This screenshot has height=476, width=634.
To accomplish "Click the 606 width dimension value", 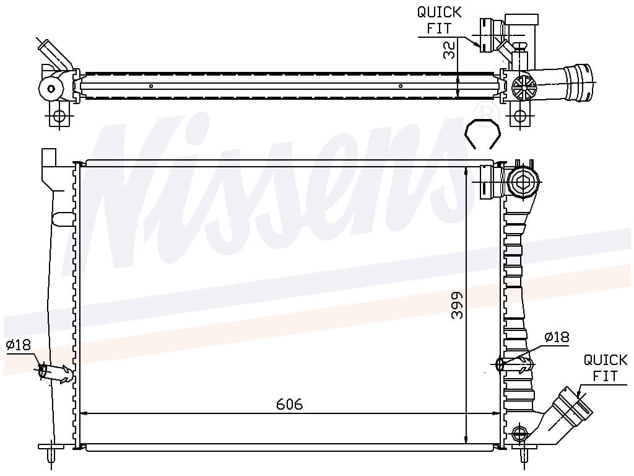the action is [290, 404].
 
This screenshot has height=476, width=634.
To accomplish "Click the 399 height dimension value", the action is [457, 306].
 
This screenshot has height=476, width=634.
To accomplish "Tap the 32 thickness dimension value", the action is [449, 50].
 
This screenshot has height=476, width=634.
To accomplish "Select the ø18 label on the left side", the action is [18, 345].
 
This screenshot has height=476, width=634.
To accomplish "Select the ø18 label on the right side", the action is [557, 337].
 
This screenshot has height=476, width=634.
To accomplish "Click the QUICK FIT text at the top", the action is [439, 20].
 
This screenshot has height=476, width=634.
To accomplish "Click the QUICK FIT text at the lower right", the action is [606, 368].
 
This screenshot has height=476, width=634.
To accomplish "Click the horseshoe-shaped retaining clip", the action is [483, 134].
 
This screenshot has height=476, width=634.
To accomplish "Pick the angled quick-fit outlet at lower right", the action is [569, 411].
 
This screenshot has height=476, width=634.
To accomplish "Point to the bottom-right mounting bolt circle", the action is [518, 434].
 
